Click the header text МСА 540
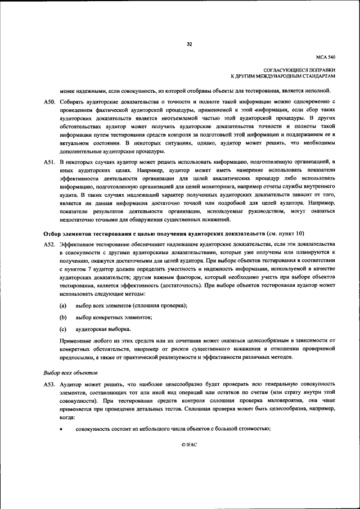coord(326,57)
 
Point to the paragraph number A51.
coord(49,162)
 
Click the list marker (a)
coord(64,305)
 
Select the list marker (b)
coord(64,317)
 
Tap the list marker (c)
coord(64,329)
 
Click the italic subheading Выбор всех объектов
coord(70,372)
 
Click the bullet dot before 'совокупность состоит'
coord(63,430)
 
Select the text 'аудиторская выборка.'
coord(103,329)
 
